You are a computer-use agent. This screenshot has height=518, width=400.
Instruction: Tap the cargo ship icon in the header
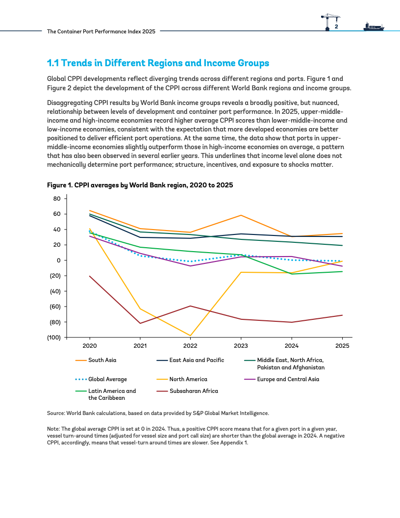click(374, 26)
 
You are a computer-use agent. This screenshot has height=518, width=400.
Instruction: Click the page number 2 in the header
click(336, 27)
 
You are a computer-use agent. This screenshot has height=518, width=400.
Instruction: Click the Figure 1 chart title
click(140, 185)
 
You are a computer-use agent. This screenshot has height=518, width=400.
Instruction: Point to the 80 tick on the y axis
click(57, 199)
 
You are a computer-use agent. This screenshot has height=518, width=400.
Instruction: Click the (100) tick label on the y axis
click(54, 337)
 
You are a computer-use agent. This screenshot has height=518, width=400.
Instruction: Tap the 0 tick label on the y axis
click(59, 260)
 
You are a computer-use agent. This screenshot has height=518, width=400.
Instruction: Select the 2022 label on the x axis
click(190, 345)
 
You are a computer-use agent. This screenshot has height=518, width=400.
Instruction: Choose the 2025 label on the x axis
click(342, 345)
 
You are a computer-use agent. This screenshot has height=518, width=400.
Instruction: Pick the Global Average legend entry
click(101, 379)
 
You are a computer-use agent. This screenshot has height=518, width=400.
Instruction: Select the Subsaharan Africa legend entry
click(187, 391)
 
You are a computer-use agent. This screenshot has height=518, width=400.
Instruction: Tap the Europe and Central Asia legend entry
click(281, 379)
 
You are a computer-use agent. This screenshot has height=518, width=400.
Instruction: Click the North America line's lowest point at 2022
click(190, 336)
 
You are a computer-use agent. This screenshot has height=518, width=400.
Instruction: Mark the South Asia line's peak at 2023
click(241, 215)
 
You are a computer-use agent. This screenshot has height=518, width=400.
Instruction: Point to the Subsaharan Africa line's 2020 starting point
click(89, 276)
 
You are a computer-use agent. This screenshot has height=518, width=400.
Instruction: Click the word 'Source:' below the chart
click(56, 414)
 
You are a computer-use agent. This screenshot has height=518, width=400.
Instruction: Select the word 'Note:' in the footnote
click(53, 429)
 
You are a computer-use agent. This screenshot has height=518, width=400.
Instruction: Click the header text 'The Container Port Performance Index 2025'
click(101, 31)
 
